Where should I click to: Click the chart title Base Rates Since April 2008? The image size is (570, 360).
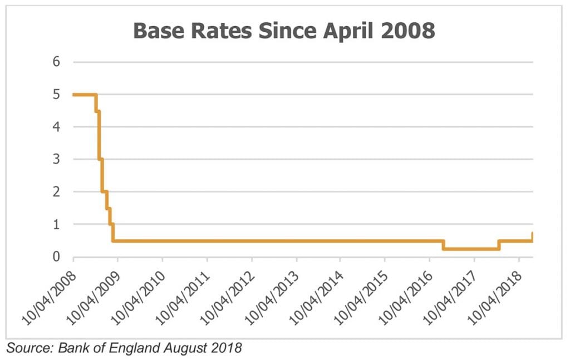coord(284,31)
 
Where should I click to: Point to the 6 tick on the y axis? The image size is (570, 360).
coord(56,62)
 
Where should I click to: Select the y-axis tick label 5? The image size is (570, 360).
coord(56,95)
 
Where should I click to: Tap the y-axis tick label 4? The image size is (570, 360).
coord(56,127)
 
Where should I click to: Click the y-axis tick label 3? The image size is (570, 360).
coord(56,159)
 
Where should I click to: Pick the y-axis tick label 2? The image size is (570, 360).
coord(56,192)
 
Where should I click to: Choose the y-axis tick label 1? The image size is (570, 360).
coord(56,224)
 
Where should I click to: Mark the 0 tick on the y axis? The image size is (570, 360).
coord(56,257)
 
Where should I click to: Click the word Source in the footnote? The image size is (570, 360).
coord(26,348)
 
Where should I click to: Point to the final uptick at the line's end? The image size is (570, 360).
coord(533,236)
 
